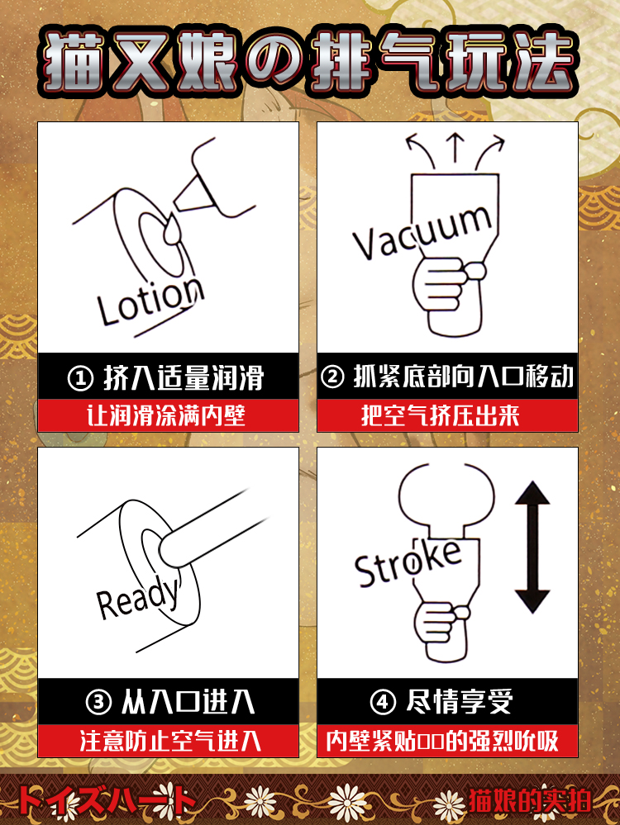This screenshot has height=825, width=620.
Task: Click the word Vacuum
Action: (x=423, y=232)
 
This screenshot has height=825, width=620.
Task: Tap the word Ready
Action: (x=138, y=598)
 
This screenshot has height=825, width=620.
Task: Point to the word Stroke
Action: (x=408, y=562)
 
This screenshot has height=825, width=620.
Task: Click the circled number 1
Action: (x=80, y=377)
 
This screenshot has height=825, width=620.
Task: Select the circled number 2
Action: (x=332, y=377)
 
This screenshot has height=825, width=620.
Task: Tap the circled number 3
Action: (x=98, y=703)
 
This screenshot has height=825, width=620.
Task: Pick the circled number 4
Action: (x=383, y=703)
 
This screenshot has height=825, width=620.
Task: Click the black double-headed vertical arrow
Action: (x=532, y=548)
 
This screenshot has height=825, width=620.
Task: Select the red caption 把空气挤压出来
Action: (x=441, y=415)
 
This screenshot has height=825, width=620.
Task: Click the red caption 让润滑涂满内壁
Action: (x=166, y=415)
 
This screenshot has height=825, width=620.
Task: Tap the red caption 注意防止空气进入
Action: (x=170, y=741)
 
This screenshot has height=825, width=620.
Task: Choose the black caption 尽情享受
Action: (x=460, y=703)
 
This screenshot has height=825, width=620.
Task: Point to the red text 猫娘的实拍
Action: (x=530, y=801)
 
